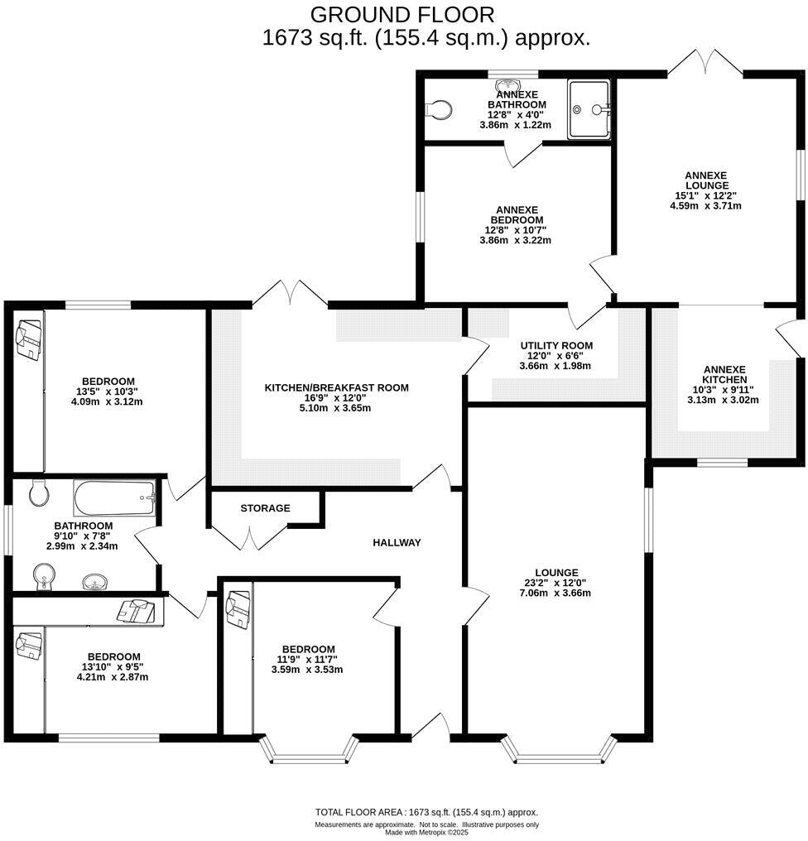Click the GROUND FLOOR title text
[x=402, y=14]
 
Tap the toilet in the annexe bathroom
[x=440, y=108]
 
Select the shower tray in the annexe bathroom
[x=589, y=108]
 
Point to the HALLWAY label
[x=397, y=543]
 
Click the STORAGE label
[x=265, y=507]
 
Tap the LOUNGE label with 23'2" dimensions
[x=556, y=572]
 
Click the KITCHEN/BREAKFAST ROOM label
[x=336, y=387]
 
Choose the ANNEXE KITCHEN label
[x=724, y=374]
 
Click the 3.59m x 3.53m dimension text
[x=308, y=670]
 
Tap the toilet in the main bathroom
[x=37, y=494]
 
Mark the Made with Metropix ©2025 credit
[x=426, y=833]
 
